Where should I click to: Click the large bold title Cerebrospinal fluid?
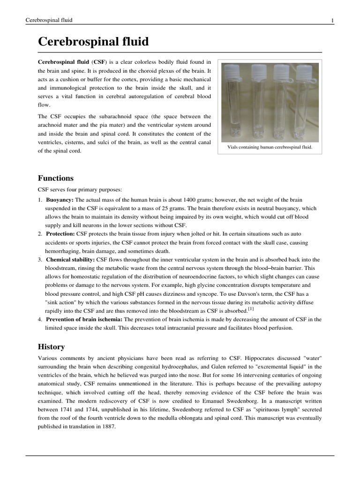93,42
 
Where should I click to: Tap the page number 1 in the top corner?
332,20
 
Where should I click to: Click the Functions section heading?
55,178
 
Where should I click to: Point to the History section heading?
51,347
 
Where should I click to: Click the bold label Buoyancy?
60,200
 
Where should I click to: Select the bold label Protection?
60,233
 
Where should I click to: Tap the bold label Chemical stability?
70,259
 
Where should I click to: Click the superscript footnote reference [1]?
251,309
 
